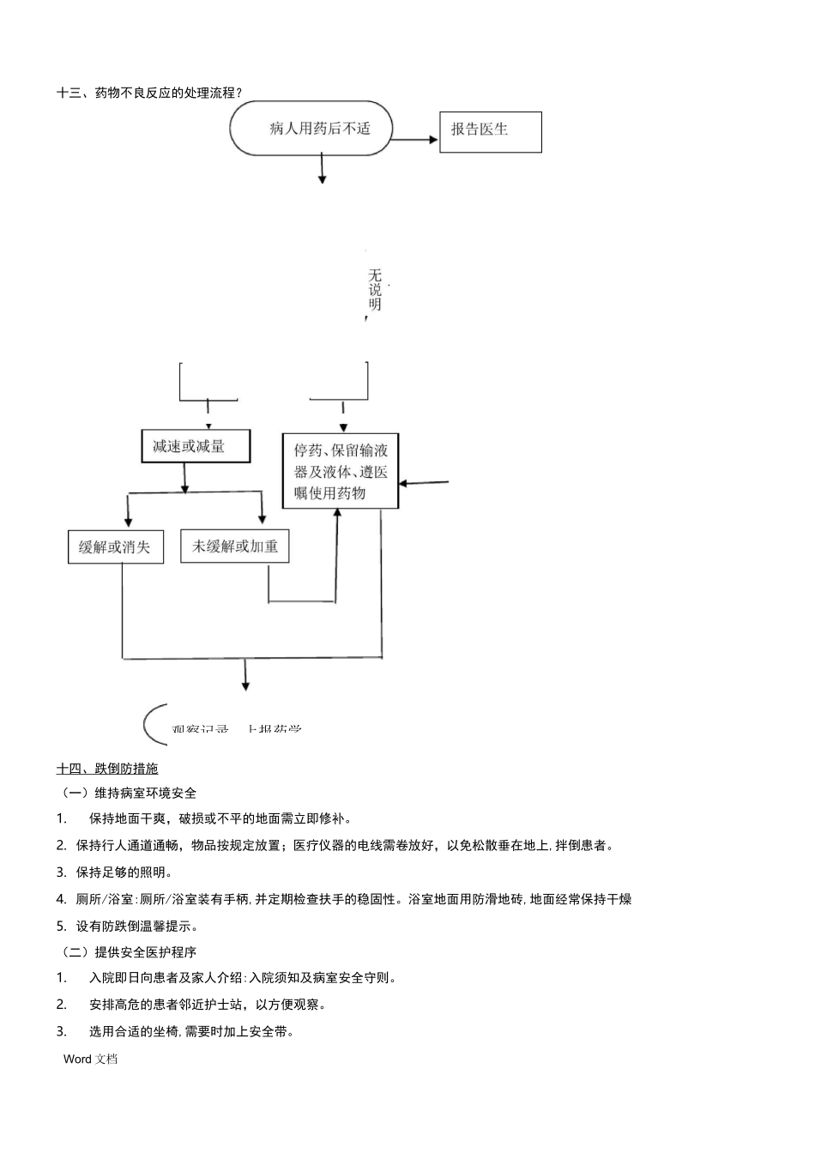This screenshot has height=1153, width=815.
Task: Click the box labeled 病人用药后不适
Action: point(311,129)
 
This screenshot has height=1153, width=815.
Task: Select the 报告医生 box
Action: point(490,131)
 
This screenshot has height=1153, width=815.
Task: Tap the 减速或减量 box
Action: point(195,446)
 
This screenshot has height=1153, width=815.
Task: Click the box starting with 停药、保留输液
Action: point(341,471)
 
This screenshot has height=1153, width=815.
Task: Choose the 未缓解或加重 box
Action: point(234,546)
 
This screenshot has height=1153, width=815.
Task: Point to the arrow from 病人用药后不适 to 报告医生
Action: point(415,139)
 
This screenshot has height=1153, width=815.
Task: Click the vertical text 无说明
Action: point(375,290)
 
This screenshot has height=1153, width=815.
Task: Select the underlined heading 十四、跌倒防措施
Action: point(107,769)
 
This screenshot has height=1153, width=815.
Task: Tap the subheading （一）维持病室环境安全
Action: point(129,793)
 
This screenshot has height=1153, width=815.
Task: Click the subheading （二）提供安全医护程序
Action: point(129,952)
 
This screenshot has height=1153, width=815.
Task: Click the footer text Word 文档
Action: point(90,1059)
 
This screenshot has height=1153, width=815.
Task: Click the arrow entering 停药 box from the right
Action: point(424,483)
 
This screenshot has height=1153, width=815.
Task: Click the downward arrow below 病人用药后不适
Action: point(323,168)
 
